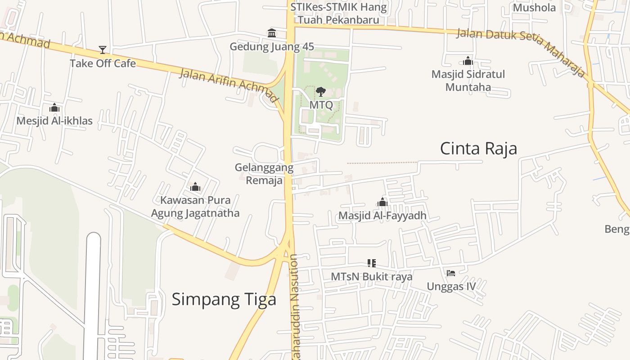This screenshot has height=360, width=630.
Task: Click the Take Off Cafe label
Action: [x=103, y=63]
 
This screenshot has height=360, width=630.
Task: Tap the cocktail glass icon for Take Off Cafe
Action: [x=103, y=49]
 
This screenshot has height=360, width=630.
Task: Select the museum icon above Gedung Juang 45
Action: [x=272, y=33]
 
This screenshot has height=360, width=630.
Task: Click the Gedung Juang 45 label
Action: [x=272, y=47]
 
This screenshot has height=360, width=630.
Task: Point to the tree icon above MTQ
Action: [x=321, y=92]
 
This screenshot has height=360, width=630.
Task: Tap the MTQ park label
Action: [x=321, y=105]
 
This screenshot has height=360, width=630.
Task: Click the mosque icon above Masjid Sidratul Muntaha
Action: [x=468, y=61]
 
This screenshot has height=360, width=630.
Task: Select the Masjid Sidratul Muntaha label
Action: [x=468, y=80]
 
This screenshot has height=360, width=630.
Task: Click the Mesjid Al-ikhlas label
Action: [x=54, y=121]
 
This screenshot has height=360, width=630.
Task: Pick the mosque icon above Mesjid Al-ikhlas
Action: [x=54, y=108]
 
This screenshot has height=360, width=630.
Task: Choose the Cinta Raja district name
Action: [x=478, y=148]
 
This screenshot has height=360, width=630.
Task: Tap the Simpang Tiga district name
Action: [x=224, y=299]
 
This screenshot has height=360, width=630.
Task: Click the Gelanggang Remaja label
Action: [x=264, y=174]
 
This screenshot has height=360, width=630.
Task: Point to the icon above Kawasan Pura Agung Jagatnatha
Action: [x=195, y=187]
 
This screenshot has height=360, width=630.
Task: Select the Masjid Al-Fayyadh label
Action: [x=382, y=216]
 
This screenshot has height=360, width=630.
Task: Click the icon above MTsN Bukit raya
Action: [x=371, y=263]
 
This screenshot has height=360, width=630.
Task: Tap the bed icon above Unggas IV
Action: [x=451, y=273]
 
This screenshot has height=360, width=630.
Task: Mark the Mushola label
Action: [x=534, y=8]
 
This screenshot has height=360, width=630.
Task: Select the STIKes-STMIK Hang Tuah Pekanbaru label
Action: [x=338, y=13]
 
